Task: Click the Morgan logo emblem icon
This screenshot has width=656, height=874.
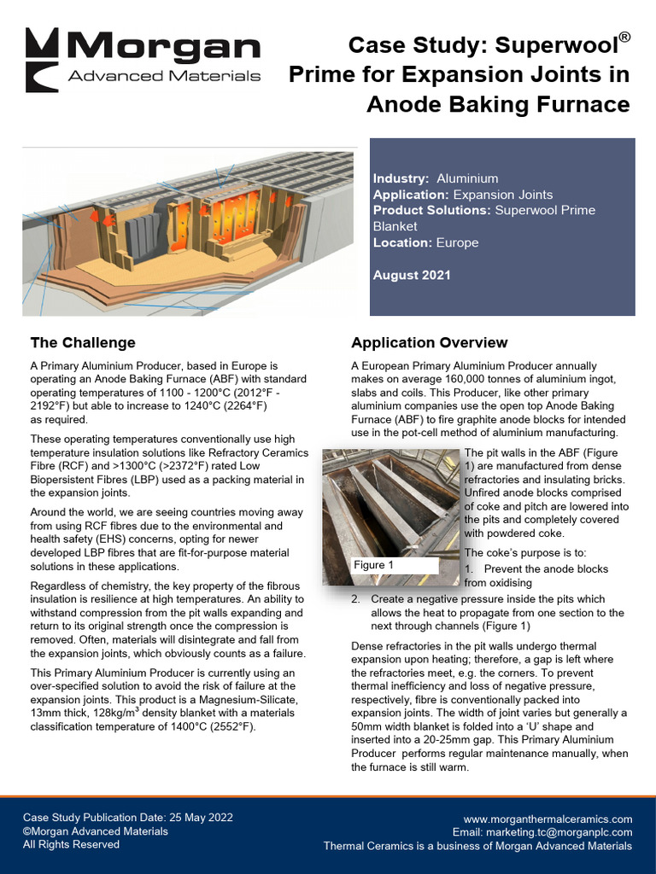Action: pos(42,60)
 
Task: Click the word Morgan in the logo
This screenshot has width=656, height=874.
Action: pos(164,47)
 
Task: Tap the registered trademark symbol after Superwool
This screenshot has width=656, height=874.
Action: pos(625,38)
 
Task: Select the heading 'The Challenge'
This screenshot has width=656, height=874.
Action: pos(83,343)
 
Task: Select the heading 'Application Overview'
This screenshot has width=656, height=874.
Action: pos(429,343)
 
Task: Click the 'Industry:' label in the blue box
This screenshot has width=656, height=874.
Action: pos(401,178)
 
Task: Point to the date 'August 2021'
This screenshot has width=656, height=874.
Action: pos(412,275)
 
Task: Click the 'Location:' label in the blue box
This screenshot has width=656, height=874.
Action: pos(402,242)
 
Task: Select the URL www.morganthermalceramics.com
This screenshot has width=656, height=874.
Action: pos(548,819)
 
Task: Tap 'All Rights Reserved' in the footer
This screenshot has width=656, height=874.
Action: pos(71,845)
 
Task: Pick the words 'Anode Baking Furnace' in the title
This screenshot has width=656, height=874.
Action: pos(498,104)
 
